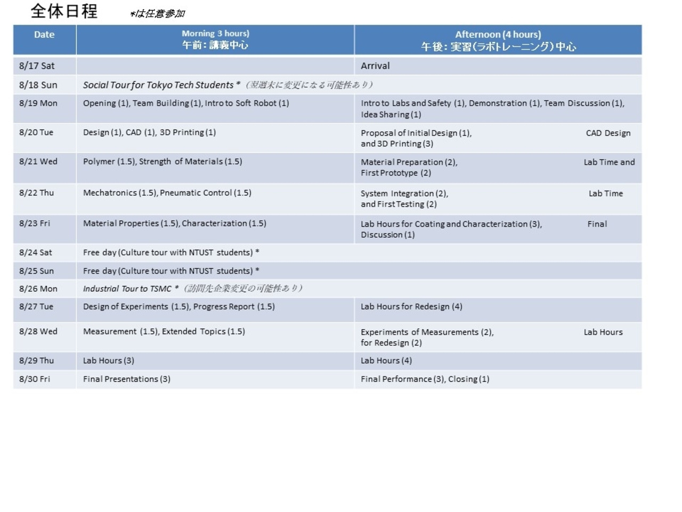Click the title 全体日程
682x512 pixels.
coord(64,11)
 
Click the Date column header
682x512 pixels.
coord(44,35)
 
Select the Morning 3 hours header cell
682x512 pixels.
coord(215,39)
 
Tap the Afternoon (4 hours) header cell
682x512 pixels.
coord(498,40)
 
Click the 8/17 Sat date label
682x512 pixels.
coord(37,66)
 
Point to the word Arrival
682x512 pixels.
coord(375,66)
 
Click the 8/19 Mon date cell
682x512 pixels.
coord(38,103)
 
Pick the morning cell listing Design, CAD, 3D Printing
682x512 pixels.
coord(149,132)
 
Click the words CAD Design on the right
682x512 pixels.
coord(608,133)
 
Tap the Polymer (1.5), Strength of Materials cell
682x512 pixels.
coord(163,162)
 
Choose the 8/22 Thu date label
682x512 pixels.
coord(36,193)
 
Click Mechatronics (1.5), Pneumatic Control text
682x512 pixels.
coord(167,193)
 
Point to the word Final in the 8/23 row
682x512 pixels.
coord(597,224)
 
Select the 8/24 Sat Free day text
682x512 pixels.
coord(170,252)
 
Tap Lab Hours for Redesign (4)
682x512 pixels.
coord(411,307)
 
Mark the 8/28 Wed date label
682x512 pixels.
coord(38,331)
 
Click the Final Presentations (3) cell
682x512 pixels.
coord(126,379)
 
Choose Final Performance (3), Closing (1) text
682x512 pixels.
coord(425,379)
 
